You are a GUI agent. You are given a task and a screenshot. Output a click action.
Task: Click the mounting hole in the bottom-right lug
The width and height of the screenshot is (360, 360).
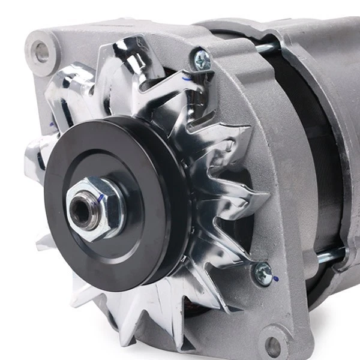point(274,346)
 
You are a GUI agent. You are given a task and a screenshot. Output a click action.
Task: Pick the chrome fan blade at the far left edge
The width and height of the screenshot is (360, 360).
point(33,156)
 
